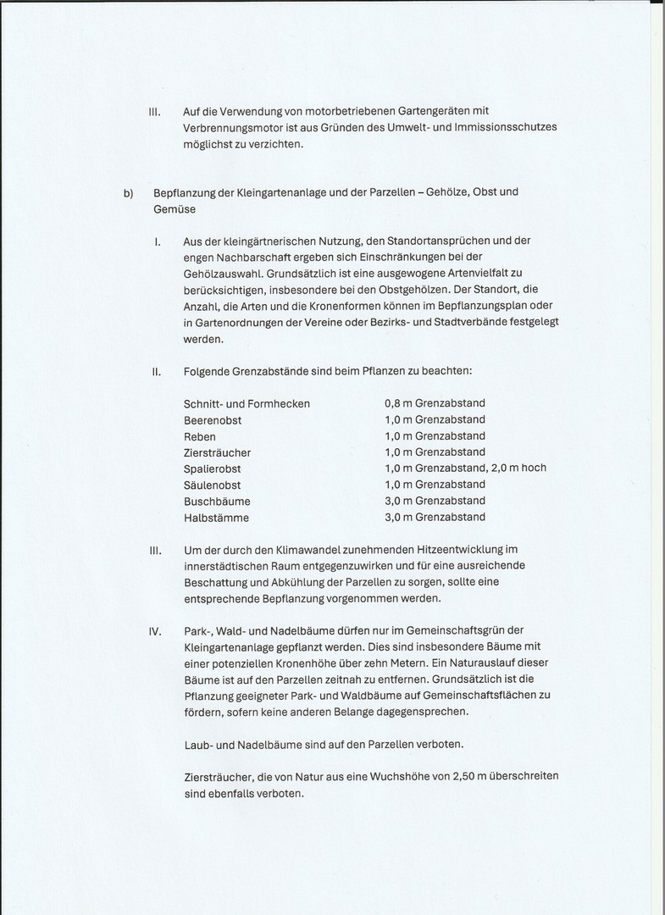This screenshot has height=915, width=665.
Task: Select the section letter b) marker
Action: click(129, 191)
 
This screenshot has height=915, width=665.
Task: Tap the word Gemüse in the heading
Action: click(174, 208)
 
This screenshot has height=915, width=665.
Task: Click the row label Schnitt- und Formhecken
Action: click(247, 403)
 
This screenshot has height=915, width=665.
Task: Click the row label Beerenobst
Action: click(213, 419)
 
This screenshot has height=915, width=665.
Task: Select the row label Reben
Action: click(199, 436)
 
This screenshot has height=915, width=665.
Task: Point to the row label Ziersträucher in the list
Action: click(217, 452)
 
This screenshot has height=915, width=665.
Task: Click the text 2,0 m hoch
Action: click(518, 468)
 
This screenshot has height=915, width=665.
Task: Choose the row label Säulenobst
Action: click(212, 485)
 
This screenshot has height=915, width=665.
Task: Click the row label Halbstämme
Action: click(216, 517)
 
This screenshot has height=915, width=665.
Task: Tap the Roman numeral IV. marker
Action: click(156, 631)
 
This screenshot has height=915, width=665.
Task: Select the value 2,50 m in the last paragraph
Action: click(458, 776)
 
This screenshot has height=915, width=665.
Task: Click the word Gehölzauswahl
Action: click(222, 274)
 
